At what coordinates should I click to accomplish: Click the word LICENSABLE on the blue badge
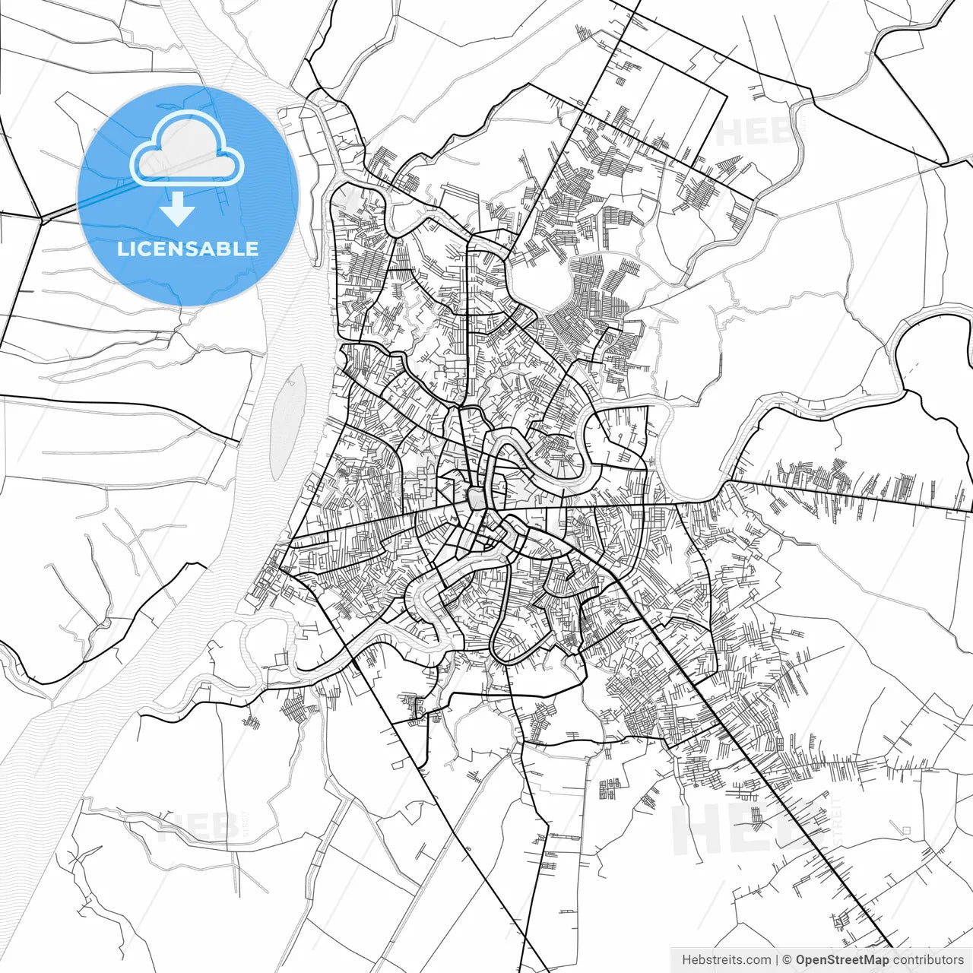pos(188,249)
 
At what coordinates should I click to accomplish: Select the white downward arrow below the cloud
pos(178,209)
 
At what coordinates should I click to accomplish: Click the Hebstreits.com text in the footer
pos(726,960)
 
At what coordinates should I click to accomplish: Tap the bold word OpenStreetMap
pos(841,960)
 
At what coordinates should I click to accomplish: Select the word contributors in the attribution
pos(928,960)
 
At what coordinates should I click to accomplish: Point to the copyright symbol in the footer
pos(788,960)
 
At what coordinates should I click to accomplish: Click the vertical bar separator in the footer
pos(777,960)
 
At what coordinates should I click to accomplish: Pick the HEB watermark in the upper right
pos(753,133)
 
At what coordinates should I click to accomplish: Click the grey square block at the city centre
pos(477,499)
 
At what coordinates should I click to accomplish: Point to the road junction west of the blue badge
pos(42,220)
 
